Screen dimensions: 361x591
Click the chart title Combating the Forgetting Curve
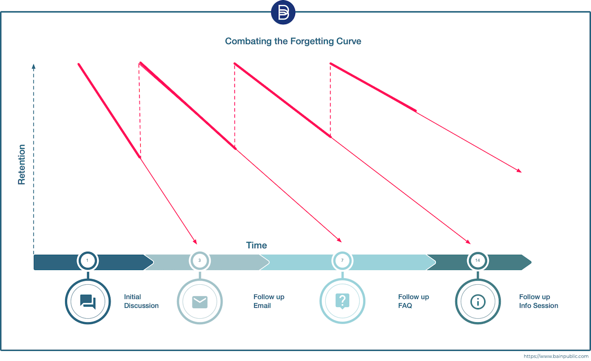click(293, 41)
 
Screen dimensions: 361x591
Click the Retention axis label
click(21, 165)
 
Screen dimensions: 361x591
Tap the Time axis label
click(256, 245)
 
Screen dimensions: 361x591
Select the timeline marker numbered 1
click(87, 260)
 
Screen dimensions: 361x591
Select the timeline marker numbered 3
click(199, 260)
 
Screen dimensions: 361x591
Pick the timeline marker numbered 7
click(342, 260)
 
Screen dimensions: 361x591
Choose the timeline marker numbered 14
click(478, 260)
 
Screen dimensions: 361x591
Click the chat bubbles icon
click(87, 301)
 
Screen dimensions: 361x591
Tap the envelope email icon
click(199, 301)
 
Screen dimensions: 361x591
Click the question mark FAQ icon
click(342, 301)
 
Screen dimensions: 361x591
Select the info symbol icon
click(478, 301)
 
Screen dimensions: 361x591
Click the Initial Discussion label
click(141, 301)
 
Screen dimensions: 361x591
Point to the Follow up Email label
click(269, 301)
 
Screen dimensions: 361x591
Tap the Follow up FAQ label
click(413, 301)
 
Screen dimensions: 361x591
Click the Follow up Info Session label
click(539, 301)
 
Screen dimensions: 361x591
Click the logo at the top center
click(283, 13)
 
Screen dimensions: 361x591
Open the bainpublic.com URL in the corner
click(555, 356)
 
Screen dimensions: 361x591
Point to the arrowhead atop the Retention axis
click(33, 66)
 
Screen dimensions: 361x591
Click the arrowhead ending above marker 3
click(196, 242)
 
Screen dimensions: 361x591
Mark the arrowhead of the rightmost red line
click(520, 171)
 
